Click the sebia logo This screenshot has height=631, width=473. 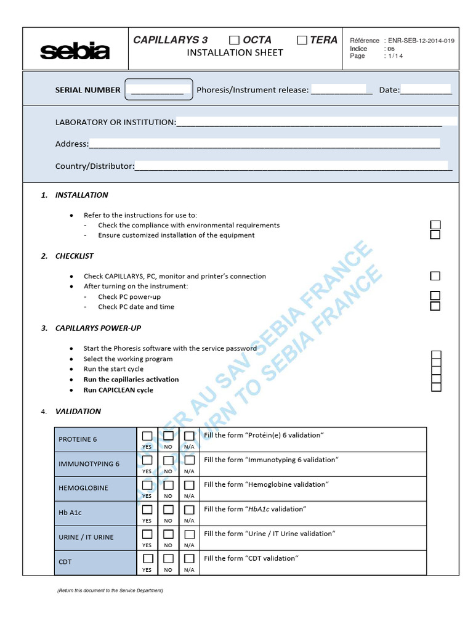point(75,51)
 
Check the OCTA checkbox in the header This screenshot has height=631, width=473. point(234,40)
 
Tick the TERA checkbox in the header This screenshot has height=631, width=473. point(302,40)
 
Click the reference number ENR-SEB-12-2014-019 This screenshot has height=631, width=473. point(421,41)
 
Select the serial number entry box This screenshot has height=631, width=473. point(159,89)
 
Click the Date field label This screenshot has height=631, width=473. point(389,90)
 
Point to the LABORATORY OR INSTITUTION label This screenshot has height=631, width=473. point(115,122)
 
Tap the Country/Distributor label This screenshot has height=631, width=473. point(94,166)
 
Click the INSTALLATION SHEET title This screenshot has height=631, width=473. point(235,53)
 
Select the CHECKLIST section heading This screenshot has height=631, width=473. point(75,256)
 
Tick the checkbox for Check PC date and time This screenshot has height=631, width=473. point(435,306)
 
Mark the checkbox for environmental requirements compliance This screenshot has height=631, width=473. point(435,225)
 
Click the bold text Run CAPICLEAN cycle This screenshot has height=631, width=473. point(118,390)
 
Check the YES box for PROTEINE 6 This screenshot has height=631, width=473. point(147,436)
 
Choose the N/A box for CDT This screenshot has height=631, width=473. point(189,559)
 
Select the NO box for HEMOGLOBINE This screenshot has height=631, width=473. point(168,485)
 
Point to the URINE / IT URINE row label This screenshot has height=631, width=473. point(86,537)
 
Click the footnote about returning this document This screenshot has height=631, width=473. point(110,590)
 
